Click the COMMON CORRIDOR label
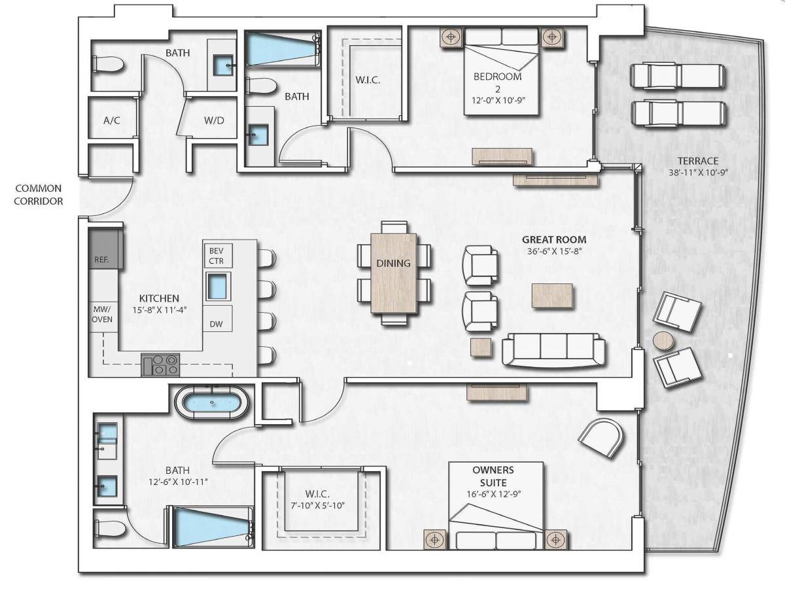[38, 194]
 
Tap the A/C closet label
[112, 121]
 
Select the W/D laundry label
[214, 120]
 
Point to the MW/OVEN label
[102, 314]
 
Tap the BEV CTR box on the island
[217, 255]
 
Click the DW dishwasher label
[216, 324]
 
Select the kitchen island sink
[218, 287]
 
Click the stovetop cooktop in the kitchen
[160, 365]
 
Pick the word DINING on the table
[393, 264]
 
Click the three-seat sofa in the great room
[553, 349]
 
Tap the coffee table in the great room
[552, 295]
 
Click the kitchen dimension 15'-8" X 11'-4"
[160, 310]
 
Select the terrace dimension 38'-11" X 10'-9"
[699, 173]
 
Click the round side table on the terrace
[664, 341]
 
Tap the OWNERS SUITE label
[493, 476]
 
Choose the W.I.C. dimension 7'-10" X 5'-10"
[317, 506]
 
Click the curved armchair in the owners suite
[602, 438]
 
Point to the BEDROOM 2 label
[497, 82]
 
